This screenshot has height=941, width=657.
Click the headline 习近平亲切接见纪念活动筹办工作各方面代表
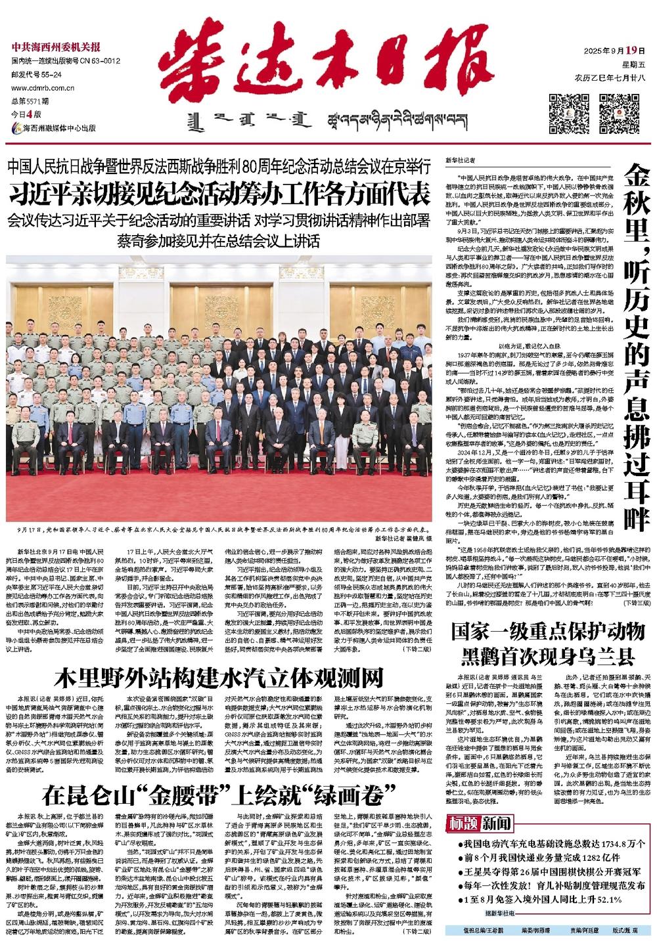tap(219, 196)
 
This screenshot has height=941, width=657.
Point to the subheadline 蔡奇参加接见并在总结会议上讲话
tap(219, 239)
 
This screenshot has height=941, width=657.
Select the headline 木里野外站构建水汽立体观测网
tap(219, 676)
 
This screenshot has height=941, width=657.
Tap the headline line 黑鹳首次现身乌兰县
tap(547, 657)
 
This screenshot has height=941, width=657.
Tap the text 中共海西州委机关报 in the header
tap(56, 47)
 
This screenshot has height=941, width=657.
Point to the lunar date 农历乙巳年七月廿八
tap(610, 77)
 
